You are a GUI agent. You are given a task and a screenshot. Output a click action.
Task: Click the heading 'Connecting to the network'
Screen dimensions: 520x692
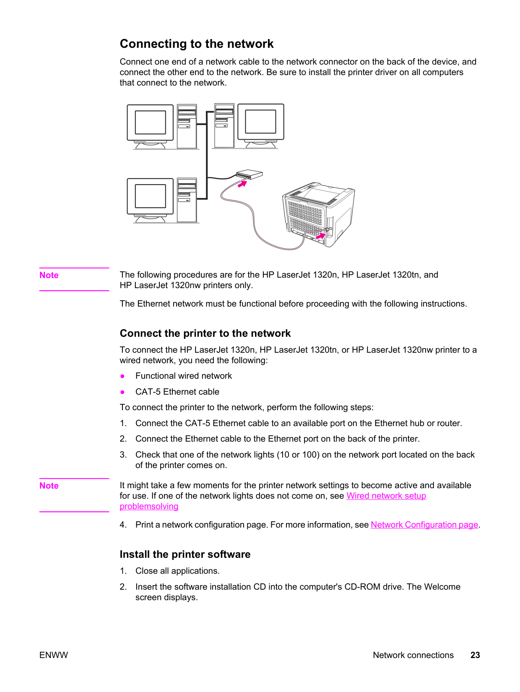(x=197, y=44)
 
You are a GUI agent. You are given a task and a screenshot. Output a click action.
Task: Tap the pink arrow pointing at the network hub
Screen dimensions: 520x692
(x=242, y=184)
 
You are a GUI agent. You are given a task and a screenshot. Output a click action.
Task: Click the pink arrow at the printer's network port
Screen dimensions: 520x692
(x=321, y=236)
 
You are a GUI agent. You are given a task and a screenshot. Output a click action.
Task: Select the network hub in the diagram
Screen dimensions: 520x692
(x=249, y=174)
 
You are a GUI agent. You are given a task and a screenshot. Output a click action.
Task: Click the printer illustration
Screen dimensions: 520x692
(x=319, y=214)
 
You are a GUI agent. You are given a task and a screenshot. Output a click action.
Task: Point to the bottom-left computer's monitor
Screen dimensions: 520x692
(x=150, y=200)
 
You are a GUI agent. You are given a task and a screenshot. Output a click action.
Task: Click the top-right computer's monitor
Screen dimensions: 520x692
(x=261, y=126)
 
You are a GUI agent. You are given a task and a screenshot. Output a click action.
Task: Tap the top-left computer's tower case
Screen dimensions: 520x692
(x=187, y=126)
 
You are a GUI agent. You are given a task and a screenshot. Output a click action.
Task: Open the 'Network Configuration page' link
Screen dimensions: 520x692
(x=424, y=525)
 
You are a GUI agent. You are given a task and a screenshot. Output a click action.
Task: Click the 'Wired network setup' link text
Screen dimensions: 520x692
(x=386, y=496)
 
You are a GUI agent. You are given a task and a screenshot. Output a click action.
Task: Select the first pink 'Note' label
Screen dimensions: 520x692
(x=49, y=275)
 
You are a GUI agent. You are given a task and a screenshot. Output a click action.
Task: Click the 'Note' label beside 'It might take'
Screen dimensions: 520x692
(x=49, y=486)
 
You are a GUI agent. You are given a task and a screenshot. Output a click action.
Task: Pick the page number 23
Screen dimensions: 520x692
(x=475, y=655)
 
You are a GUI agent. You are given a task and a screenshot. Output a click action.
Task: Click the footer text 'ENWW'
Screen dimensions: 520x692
(x=54, y=655)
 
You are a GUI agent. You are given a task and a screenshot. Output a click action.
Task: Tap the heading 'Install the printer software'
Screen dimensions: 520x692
(x=185, y=554)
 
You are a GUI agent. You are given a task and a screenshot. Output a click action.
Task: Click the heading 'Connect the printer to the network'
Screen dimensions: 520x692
(x=205, y=333)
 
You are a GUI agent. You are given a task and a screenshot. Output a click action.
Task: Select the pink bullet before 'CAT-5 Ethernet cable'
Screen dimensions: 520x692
(x=122, y=392)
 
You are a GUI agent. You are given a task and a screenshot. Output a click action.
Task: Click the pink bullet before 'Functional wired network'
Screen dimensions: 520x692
(x=122, y=376)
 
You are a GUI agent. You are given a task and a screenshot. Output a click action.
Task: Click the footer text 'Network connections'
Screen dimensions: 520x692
(x=413, y=655)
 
